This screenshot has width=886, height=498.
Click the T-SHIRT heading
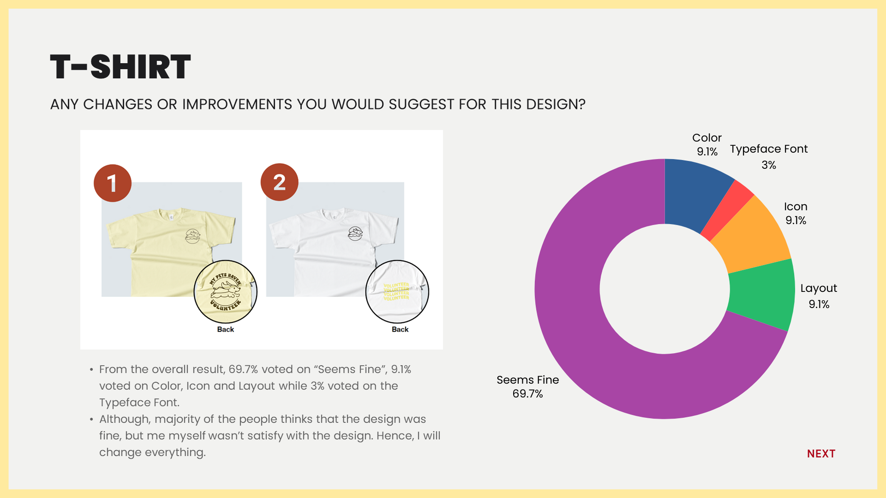[120, 67]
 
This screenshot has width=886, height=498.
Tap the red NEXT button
[821, 454]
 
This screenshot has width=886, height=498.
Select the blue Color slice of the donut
[694, 194]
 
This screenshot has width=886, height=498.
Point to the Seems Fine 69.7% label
[527, 386]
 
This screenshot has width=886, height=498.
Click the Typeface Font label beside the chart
[769, 149]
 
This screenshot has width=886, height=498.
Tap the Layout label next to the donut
[818, 288]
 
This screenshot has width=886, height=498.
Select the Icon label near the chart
[796, 207]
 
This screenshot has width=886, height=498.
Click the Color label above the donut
[706, 138]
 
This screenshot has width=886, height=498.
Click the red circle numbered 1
[113, 183]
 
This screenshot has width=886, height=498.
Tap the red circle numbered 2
[279, 182]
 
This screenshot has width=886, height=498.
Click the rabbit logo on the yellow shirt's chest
[192, 236]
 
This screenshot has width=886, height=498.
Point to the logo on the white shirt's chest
[355, 234]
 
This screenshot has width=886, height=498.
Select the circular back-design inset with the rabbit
[225, 291]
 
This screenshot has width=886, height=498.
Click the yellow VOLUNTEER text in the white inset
[396, 291]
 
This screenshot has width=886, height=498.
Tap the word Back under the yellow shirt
[226, 329]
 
